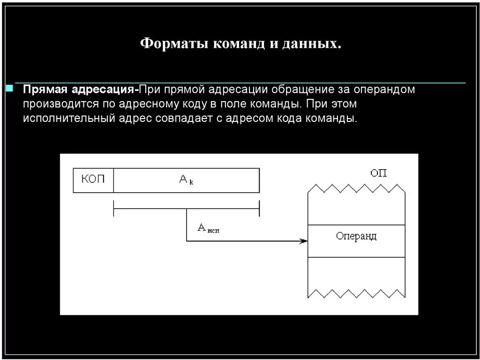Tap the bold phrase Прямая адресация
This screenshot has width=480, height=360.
click(79, 90)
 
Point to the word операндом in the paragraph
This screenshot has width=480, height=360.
click(383, 90)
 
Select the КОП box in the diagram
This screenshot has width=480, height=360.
click(93, 180)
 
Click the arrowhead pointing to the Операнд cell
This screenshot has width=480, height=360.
click(304, 241)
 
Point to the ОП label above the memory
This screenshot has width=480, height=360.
click(379, 173)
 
